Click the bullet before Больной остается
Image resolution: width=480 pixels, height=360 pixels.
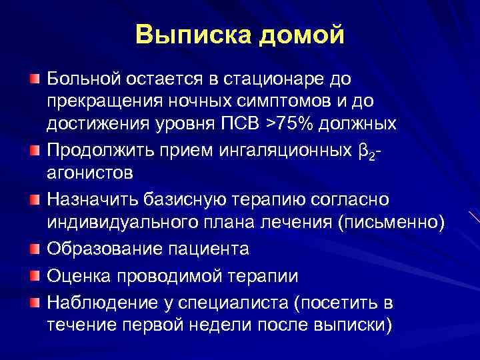coord(34,79)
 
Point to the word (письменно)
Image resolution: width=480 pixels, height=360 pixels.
coord(391,222)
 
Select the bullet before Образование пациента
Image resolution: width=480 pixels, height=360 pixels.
coord(34,250)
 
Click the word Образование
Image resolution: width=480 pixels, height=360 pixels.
coord(96,249)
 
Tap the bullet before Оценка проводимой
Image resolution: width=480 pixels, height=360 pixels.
coord(34,277)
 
